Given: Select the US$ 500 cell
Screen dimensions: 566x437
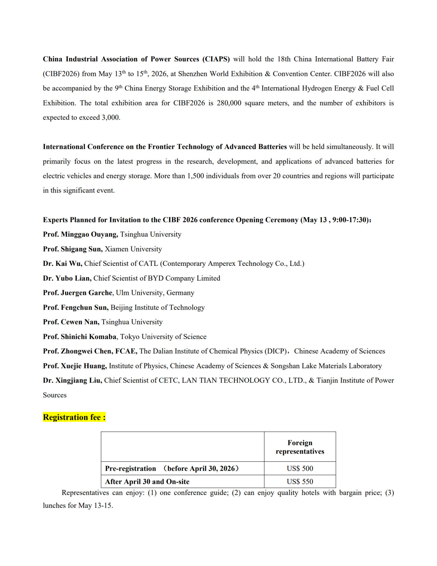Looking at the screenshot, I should tap(300, 468).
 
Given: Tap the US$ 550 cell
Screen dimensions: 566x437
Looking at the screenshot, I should tap(300, 481).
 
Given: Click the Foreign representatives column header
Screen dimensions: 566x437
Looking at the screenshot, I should tap(300, 447).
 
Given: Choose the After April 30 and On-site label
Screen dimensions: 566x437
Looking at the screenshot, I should tap(147, 481).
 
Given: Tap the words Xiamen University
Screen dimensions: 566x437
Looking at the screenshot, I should tap(133, 249).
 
